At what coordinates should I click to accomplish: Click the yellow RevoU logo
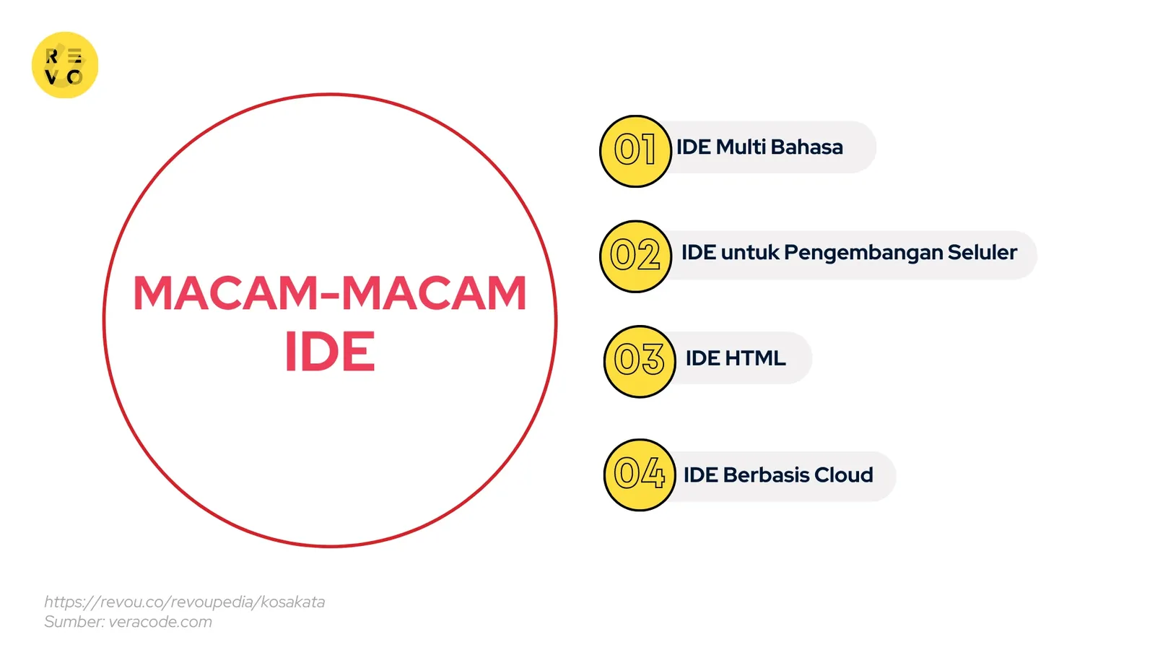click(x=65, y=65)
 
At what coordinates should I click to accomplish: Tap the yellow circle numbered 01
click(x=635, y=151)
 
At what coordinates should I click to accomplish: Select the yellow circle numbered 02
click(x=635, y=256)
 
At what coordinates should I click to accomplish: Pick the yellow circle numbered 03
click(x=639, y=361)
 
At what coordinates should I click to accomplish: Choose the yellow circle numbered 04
click(x=639, y=474)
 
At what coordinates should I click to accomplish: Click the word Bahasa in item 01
click(x=806, y=147)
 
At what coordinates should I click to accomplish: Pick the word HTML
click(x=755, y=358)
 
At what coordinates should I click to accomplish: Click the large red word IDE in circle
click(x=330, y=352)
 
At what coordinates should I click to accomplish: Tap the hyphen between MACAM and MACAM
click(x=330, y=295)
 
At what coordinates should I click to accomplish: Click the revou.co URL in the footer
click(x=184, y=602)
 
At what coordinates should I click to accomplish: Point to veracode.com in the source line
click(x=160, y=622)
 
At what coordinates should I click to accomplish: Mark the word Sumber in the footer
click(x=74, y=622)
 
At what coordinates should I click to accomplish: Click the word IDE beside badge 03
click(x=702, y=358)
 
